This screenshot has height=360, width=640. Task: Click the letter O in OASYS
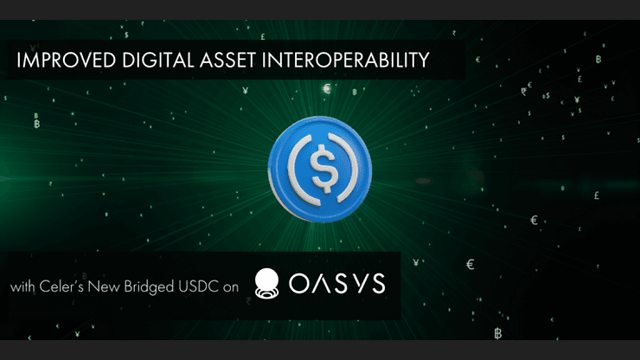(x=296, y=285)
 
